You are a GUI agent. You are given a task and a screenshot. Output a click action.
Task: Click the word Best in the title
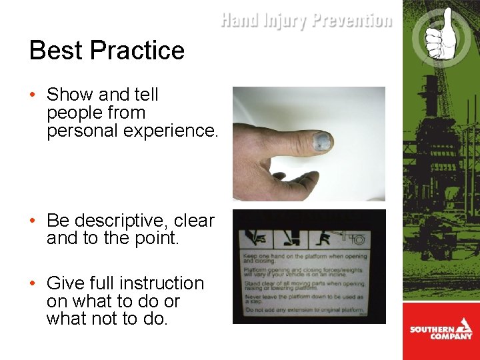pyautogui.click(x=56, y=51)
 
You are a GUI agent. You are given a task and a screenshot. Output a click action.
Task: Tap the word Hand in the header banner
pyautogui.click(x=239, y=21)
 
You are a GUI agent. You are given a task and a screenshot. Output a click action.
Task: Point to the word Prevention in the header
pyautogui.click(x=351, y=21)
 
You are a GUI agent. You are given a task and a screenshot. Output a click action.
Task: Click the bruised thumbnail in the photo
pyautogui.click(x=321, y=141)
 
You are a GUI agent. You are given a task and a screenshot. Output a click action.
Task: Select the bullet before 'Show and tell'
pyautogui.click(x=33, y=95)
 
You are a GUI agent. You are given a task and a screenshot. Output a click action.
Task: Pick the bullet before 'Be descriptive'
pyautogui.click(x=33, y=221)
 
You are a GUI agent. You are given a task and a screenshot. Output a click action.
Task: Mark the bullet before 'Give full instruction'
pyautogui.click(x=33, y=284)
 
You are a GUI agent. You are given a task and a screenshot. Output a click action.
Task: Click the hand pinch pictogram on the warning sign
pyautogui.click(x=255, y=237)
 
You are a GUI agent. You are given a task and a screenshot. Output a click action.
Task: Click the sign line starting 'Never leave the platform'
pyautogui.click(x=303, y=297)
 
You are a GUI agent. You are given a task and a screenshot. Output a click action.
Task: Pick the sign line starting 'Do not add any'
pyautogui.click(x=303, y=310)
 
